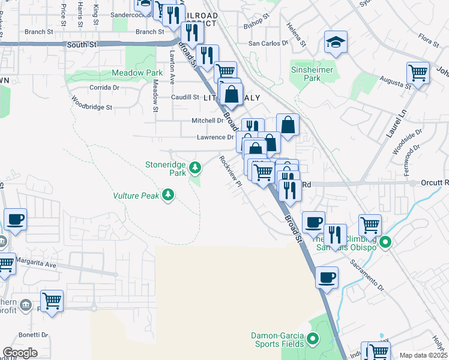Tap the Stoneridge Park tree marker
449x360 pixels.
click(x=194, y=167)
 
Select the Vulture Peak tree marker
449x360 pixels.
click(x=169, y=194)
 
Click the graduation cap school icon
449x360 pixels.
click(x=336, y=42)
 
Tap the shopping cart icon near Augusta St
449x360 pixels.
click(x=418, y=73)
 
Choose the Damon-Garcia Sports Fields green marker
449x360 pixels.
click(x=312, y=340)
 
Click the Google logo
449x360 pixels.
click(x=19, y=353)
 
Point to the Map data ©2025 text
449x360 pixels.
click(x=423, y=355)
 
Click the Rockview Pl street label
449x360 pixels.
click(x=231, y=171)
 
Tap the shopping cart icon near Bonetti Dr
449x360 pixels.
click(x=52, y=301)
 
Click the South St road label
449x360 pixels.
click(x=82, y=44)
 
